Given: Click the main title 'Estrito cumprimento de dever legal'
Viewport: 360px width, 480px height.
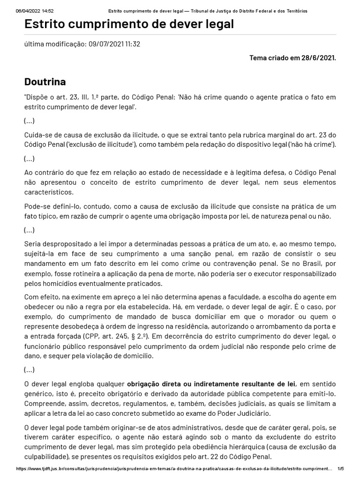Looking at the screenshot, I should [x=129, y=24].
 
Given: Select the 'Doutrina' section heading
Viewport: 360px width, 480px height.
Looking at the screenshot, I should [x=45, y=82].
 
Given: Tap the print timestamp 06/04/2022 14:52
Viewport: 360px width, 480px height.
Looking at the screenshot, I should [x=35, y=11].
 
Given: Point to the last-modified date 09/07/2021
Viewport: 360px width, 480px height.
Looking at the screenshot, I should [x=107, y=45].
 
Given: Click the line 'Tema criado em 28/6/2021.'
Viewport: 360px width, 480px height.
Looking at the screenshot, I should [x=292, y=58].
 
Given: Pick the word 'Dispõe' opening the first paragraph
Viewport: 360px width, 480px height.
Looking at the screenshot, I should [x=37, y=97].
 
